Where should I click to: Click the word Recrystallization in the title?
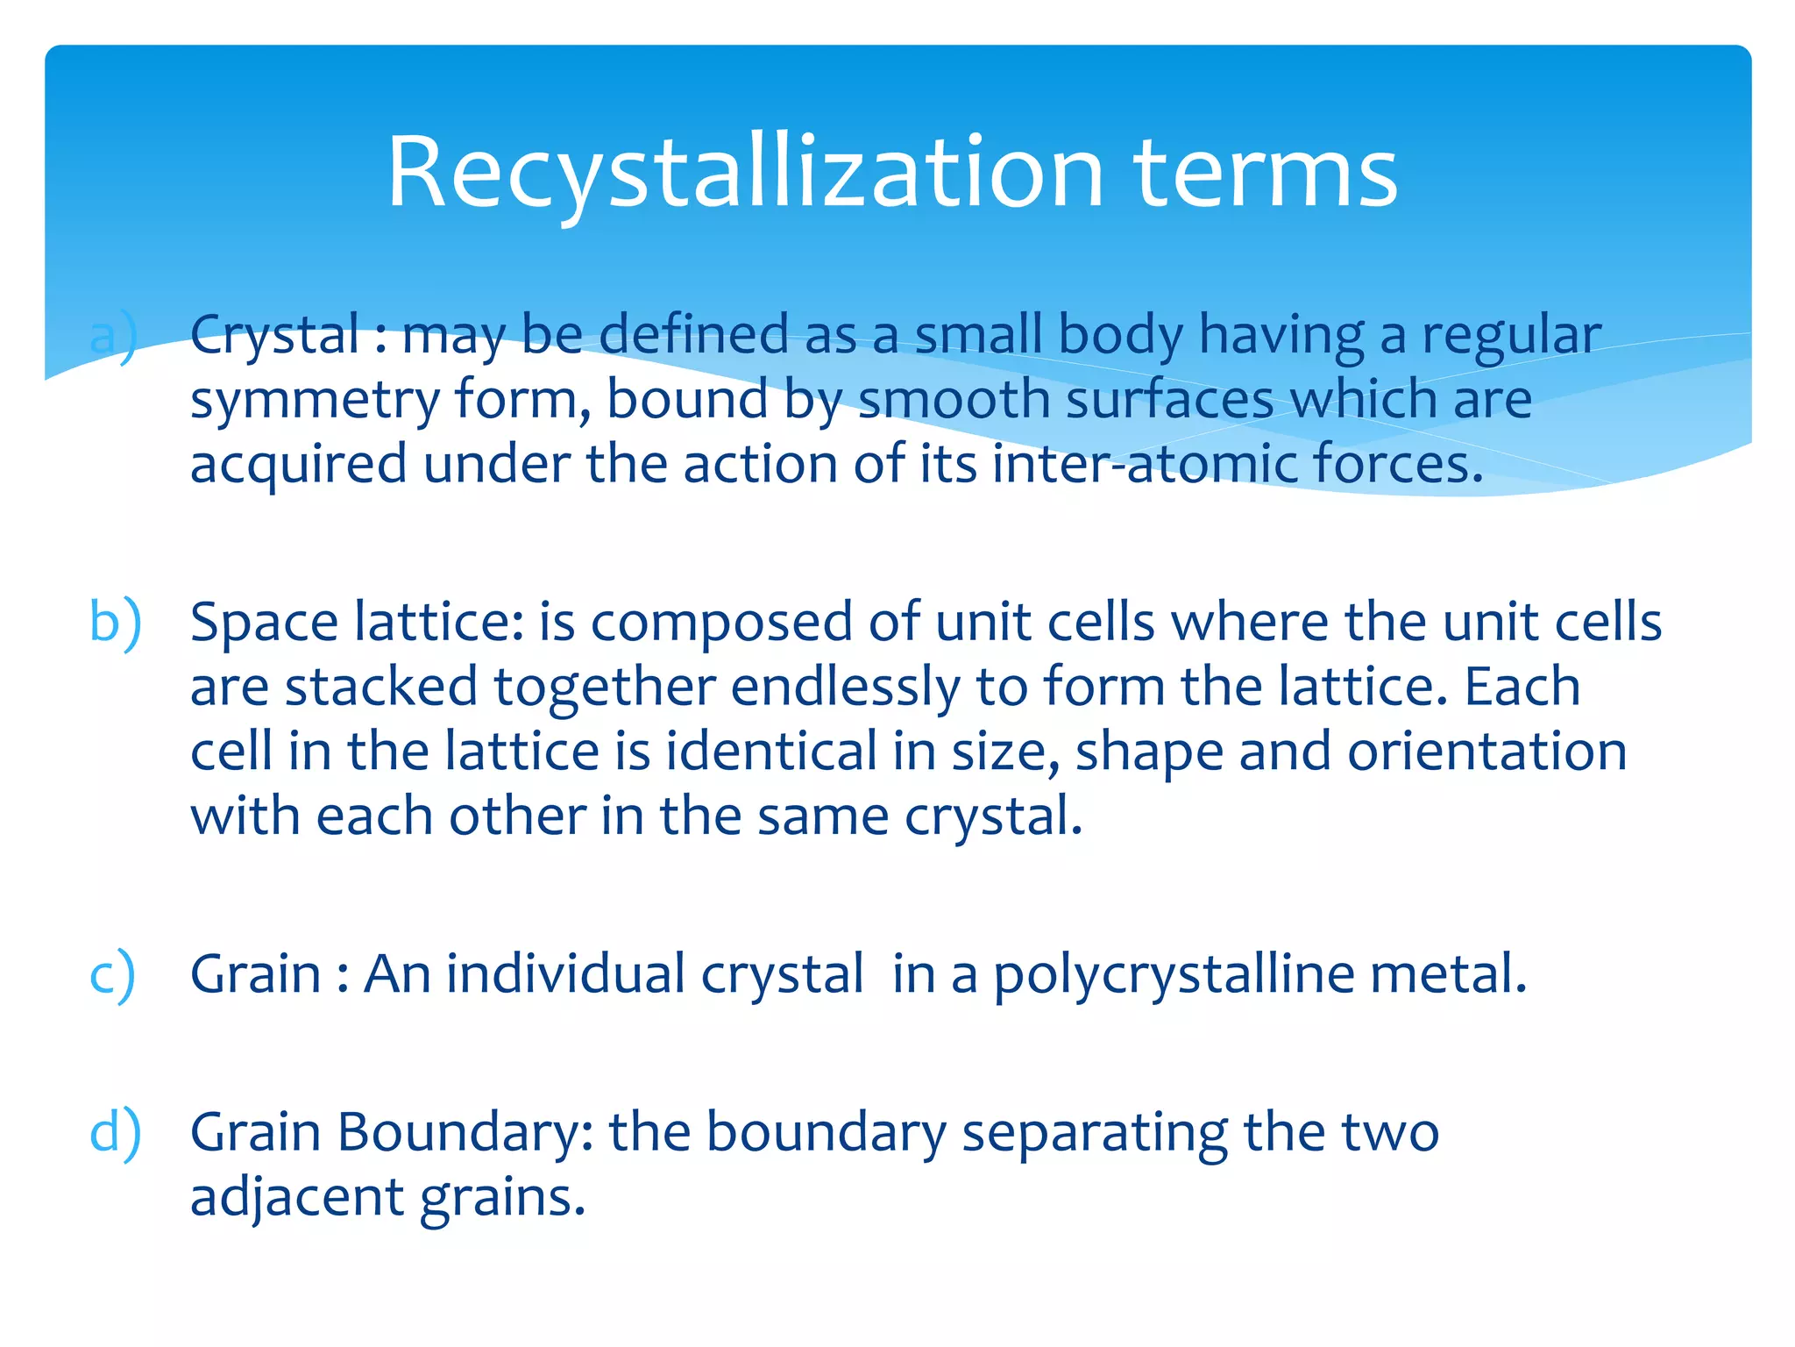click(x=745, y=172)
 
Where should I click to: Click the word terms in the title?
click(x=1266, y=172)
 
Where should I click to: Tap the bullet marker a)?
click(x=114, y=336)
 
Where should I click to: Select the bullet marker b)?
click(x=115, y=623)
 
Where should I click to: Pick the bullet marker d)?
click(x=115, y=1132)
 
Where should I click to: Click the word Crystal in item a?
click(x=275, y=336)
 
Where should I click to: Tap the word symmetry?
click(x=315, y=401)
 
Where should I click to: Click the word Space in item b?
click(x=264, y=623)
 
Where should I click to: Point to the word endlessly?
click(x=845, y=687)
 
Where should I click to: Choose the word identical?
click(x=770, y=752)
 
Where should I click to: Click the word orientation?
click(x=1486, y=752)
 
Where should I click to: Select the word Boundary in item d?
click(x=465, y=1132)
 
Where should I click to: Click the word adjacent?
click(x=297, y=1197)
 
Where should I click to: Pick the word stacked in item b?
click(x=381, y=687)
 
